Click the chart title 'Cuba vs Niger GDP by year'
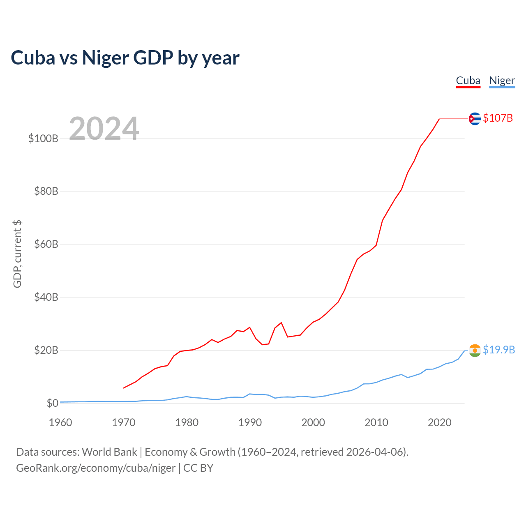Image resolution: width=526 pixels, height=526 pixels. [x=125, y=58]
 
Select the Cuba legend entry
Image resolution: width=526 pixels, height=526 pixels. [x=468, y=81]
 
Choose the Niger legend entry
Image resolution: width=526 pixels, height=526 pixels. [x=502, y=81]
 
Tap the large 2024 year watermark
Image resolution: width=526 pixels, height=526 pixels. [x=104, y=129]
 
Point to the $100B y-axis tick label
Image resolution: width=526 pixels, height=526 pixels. [x=43, y=138]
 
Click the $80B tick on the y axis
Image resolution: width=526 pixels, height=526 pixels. [x=46, y=191]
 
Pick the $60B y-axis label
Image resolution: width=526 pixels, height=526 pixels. [x=46, y=245]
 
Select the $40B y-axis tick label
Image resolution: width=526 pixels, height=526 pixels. [x=46, y=297]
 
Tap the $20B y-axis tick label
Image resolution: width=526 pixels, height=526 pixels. [x=46, y=350]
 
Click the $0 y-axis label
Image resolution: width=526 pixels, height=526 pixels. [x=52, y=403]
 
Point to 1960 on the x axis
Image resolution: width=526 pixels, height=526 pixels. [x=60, y=422]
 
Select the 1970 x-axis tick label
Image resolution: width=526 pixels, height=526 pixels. [x=124, y=422]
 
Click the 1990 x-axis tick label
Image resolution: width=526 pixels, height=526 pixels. [x=250, y=422]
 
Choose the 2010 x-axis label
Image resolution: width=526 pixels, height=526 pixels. [x=376, y=422]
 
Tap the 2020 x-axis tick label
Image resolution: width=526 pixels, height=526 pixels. [x=440, y=422]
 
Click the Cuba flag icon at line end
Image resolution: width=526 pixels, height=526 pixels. [x=475, y=119]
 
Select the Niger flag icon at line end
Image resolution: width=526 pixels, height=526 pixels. [x=475, y=351]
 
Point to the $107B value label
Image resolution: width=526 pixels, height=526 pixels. [x=498, y=118]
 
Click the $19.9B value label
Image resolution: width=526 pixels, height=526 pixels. [x=499, y=350]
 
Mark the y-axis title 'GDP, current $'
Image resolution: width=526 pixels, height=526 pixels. [x=17, y=254]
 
